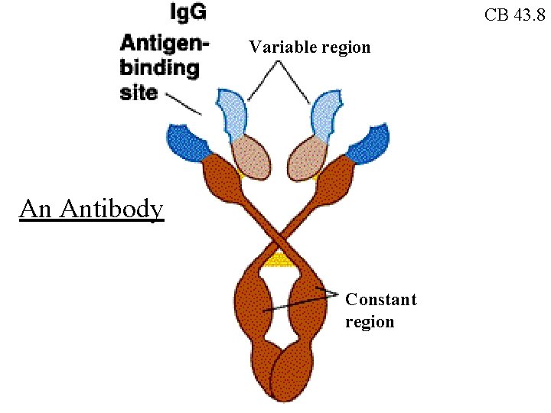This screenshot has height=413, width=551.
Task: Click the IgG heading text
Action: pos(187,12)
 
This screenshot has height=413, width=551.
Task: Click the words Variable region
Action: pos(309,47)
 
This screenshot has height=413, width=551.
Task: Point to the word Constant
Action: pos(380,300)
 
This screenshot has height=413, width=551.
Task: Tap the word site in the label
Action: pos(139,93)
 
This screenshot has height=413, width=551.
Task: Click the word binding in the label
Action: pos(159,68)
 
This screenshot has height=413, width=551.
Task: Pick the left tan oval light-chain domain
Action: pos(250,156)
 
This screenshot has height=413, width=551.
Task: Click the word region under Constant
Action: pos(370,322)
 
